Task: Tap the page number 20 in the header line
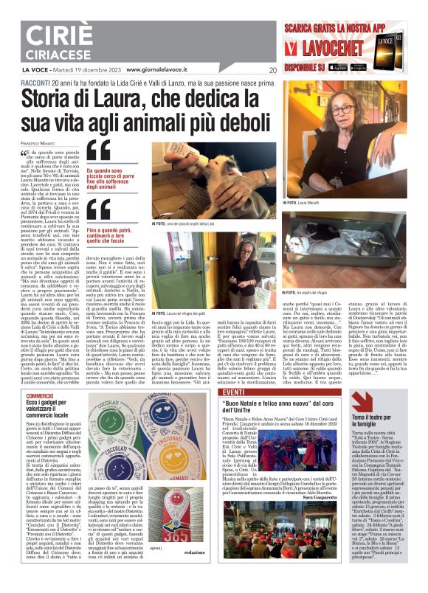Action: [273, 71]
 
